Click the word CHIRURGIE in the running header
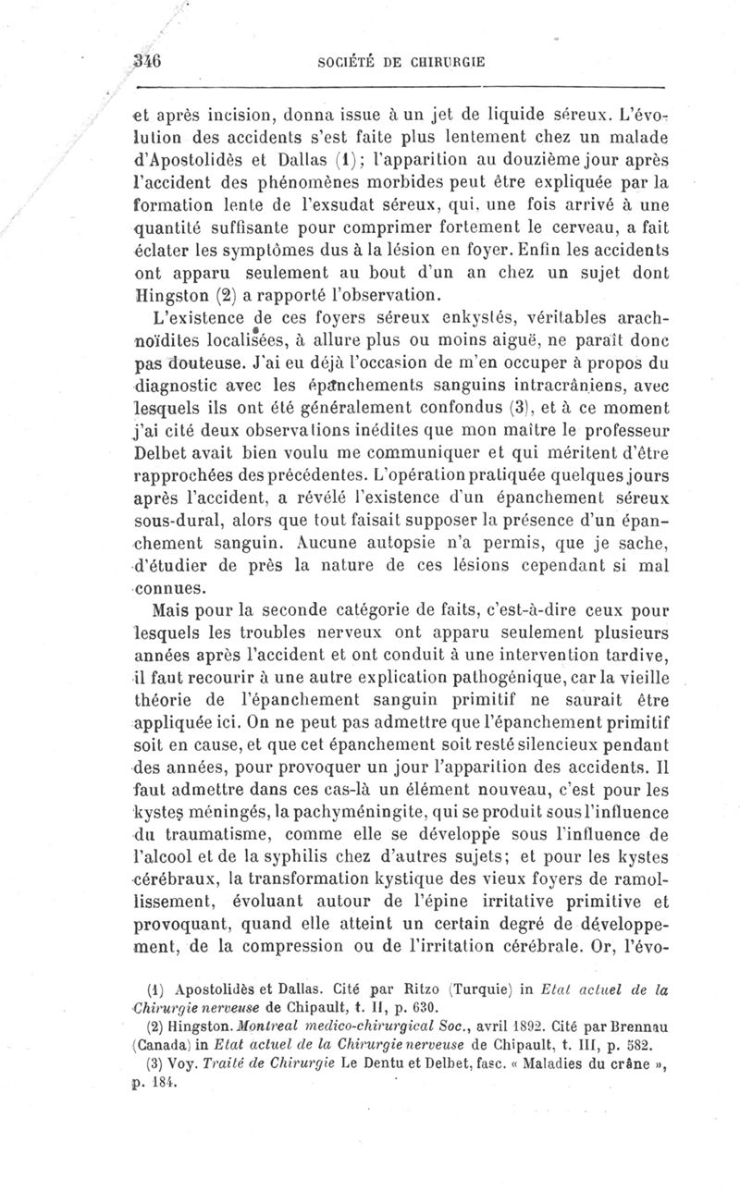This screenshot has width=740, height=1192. (447, 63)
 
